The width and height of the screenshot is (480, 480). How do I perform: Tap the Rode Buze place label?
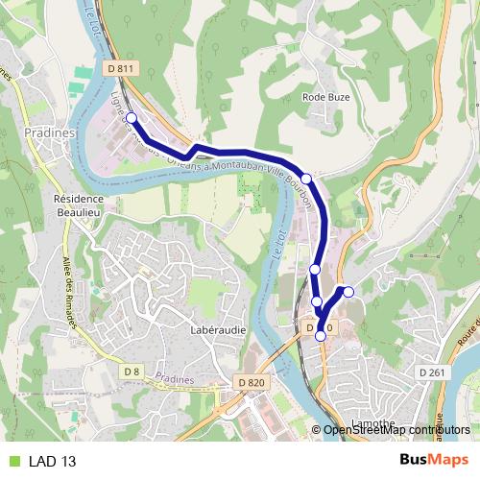point(325,97)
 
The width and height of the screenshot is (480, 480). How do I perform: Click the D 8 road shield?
point(132,371)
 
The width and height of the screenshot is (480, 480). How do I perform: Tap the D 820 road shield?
point(249,382)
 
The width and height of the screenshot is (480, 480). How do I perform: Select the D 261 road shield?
point(428,372)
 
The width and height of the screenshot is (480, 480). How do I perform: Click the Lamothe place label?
point(341,422)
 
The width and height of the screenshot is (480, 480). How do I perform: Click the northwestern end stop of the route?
point(132,118)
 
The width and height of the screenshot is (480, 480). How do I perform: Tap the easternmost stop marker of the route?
point(348,292)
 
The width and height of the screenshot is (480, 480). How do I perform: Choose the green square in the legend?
point(12,461)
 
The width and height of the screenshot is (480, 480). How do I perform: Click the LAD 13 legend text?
point(52,461)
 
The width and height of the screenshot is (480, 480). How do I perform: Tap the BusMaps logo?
point(434,460)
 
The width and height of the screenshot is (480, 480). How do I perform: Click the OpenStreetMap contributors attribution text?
point(397,429)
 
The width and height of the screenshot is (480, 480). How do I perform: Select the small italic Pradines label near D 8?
point(174,379)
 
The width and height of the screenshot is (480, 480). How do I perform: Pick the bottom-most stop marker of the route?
point(321,336)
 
